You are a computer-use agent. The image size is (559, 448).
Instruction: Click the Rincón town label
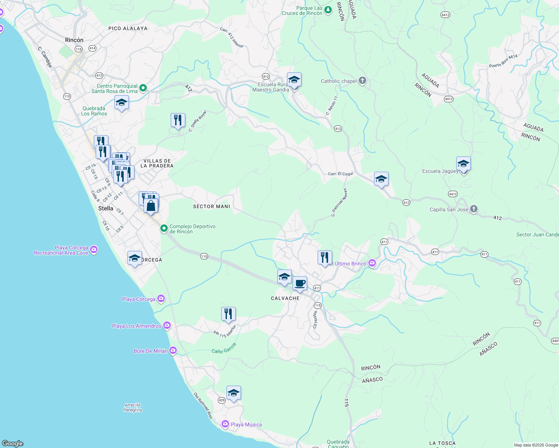(x=74, y=40)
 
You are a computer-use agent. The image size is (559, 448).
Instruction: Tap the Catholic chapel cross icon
(x=362, y=81)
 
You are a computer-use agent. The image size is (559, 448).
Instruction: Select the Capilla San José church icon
(x=474, y=209)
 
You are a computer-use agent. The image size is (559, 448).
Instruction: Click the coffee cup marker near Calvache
(x=300, y=283)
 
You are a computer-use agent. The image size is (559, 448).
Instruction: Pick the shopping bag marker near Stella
(x=151, y=206)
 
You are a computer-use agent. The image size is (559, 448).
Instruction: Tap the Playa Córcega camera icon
(x=161, y=298)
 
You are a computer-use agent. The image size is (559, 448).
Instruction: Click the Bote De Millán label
(x=151, y=351)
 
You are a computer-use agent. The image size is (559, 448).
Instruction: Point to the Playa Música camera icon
(x=225, y=424)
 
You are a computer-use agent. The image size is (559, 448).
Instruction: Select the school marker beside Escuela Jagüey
(x=463, y=164)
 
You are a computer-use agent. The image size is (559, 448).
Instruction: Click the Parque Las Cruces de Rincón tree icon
(x=328, y=10)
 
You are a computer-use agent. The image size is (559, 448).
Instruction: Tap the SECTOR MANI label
(x=211, y=206)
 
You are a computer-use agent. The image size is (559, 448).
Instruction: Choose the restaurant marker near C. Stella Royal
(x=178, y=120)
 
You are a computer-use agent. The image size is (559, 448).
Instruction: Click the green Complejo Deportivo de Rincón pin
(x=164, y=228)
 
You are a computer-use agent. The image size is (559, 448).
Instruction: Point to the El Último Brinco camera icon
(x=372, y=264)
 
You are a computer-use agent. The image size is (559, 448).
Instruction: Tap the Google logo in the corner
(x=12, y=444)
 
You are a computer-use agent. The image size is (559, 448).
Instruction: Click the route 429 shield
(x=222, y=400)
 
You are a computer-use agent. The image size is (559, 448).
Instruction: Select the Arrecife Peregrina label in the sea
(x=133, y=407)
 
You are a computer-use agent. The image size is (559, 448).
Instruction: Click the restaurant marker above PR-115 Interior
(x=228, y=314)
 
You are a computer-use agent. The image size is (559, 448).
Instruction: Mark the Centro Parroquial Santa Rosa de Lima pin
(x=143, y=88)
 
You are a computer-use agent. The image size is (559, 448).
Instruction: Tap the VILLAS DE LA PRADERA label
(x=157, y=163)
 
